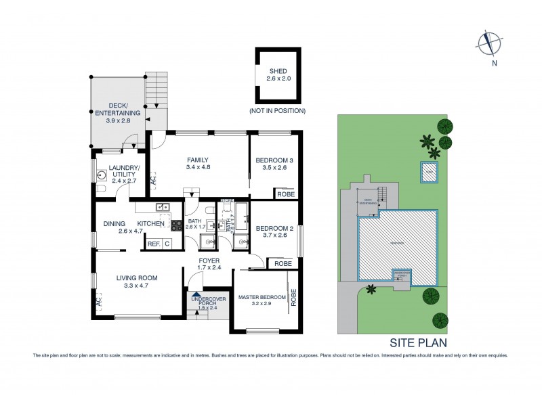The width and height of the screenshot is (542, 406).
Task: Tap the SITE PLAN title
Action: (x=417, y=343)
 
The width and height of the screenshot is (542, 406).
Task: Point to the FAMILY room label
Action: (x=197, y=164)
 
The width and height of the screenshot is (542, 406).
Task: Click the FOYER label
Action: (x=209, y=264)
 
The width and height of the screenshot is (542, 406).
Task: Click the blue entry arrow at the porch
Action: (x=196, y=292)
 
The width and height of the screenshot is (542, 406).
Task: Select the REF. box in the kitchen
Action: (x=153, y=244)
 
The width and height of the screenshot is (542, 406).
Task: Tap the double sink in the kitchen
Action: (x=162, y=208)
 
